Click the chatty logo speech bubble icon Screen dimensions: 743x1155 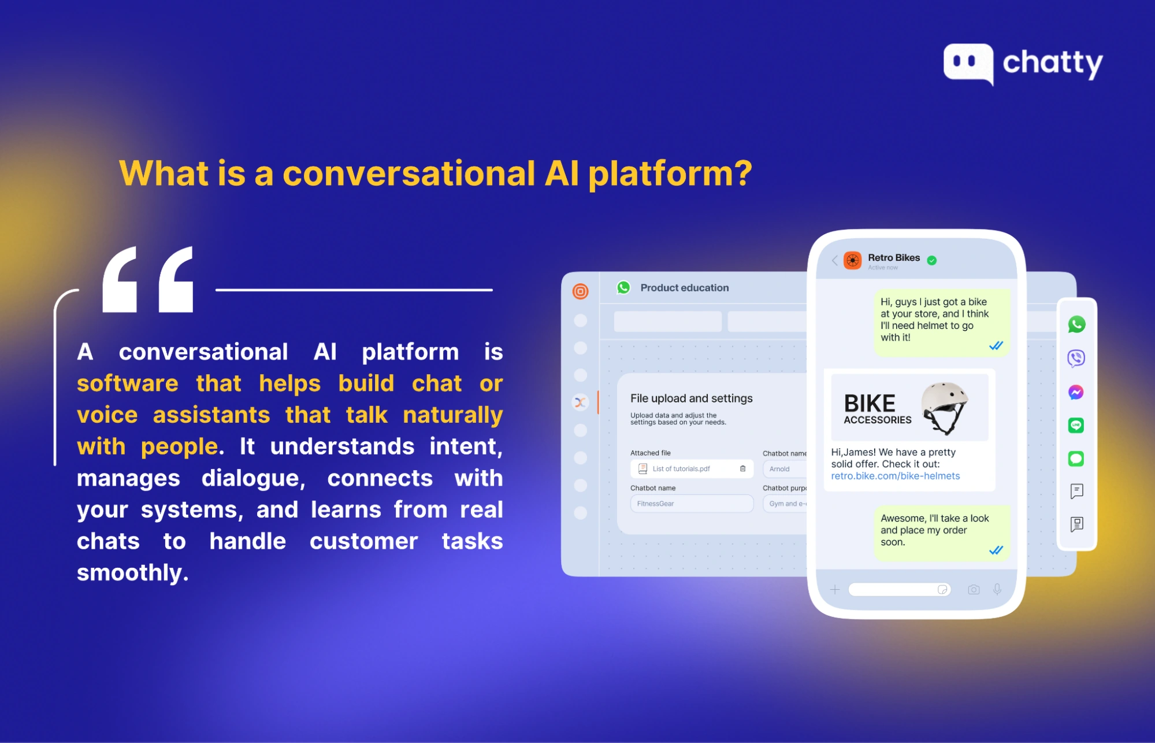coord(968,62)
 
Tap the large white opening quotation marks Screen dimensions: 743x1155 coord(148,280)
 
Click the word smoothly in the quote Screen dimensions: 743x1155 coord(132,572)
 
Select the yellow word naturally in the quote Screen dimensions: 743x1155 coord(453,415)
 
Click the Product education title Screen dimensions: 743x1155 coord(684,287)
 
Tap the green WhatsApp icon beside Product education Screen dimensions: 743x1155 coord(623,287)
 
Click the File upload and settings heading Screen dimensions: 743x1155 coord(691,398)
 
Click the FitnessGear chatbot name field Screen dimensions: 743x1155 coord(691,504)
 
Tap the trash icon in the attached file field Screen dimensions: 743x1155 coord(742,468)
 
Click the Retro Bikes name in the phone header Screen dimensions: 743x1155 coord(893,257)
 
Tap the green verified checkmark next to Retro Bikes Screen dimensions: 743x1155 coord(932,260)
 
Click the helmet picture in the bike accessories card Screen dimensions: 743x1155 coord(945,407)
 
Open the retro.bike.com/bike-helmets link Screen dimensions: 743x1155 coord(895,476)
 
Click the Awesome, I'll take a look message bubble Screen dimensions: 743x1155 coord(941,530)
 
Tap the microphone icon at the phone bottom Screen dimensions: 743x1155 coord(997,589)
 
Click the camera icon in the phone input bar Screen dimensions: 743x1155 coord(974,589)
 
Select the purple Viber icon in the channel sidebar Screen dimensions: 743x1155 coord(1076,358)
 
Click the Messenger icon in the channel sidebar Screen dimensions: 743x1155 coord(1076,393)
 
